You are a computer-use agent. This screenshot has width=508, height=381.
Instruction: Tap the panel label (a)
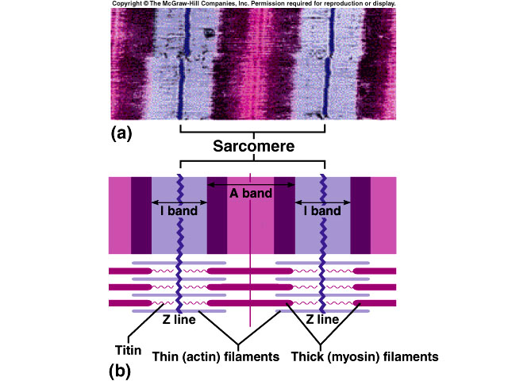[121, 133]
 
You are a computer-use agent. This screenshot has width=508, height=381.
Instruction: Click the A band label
[251, 194]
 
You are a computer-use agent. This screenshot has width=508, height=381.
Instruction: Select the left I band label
[179, 211]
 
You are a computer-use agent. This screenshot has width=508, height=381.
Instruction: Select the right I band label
[322, 211]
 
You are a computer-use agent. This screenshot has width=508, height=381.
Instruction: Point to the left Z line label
[180, 319]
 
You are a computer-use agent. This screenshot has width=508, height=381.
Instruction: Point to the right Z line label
[323, 319]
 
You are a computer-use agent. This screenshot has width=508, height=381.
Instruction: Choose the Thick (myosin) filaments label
[364, 357]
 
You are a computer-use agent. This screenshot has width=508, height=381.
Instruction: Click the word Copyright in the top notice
[128, 4]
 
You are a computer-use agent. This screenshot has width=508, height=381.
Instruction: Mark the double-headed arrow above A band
[251, 183]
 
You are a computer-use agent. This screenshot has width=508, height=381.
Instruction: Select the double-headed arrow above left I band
[179, 202]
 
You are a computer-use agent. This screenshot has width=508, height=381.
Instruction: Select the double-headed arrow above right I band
[322, 202]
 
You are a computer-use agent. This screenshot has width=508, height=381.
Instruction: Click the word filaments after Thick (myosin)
[412, 357]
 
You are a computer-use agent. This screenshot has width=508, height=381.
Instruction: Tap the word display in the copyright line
[383, 4]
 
